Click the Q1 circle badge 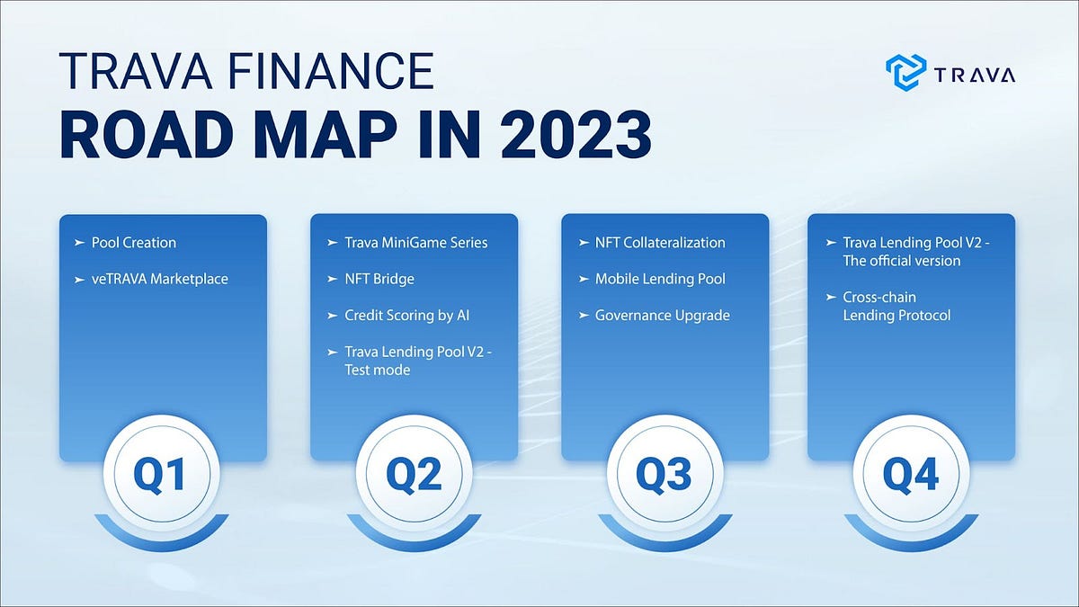162,474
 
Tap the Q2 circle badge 413,474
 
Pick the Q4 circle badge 911,474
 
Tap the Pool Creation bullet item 133,243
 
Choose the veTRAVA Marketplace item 159,279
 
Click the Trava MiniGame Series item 415,243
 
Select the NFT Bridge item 379,279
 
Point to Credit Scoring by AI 406,316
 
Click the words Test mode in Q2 377,370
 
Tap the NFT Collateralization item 659,243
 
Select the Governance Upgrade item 662,316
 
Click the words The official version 902,261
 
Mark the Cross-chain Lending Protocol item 896,306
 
